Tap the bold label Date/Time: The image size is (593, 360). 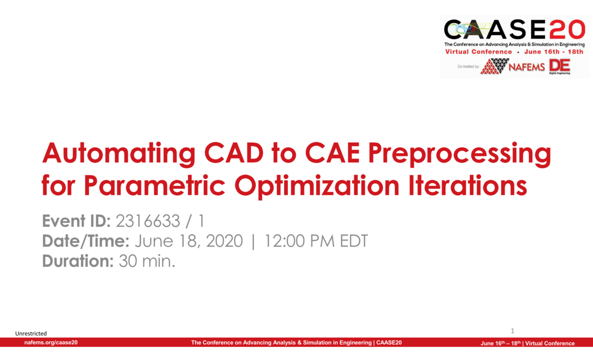(86, 241)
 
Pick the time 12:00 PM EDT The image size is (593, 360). (314, 241)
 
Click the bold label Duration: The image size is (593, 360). (76, 261)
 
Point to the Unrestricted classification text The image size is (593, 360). (31, 333)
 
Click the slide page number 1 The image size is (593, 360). (512, 331)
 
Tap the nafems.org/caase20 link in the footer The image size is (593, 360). (51, 343)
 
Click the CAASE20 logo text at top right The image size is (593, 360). (515, 30)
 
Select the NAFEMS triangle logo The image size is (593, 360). (495, 66)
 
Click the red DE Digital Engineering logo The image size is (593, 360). (559, 66)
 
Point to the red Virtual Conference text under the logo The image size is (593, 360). (478, 52)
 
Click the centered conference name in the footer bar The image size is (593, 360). (296, 343)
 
